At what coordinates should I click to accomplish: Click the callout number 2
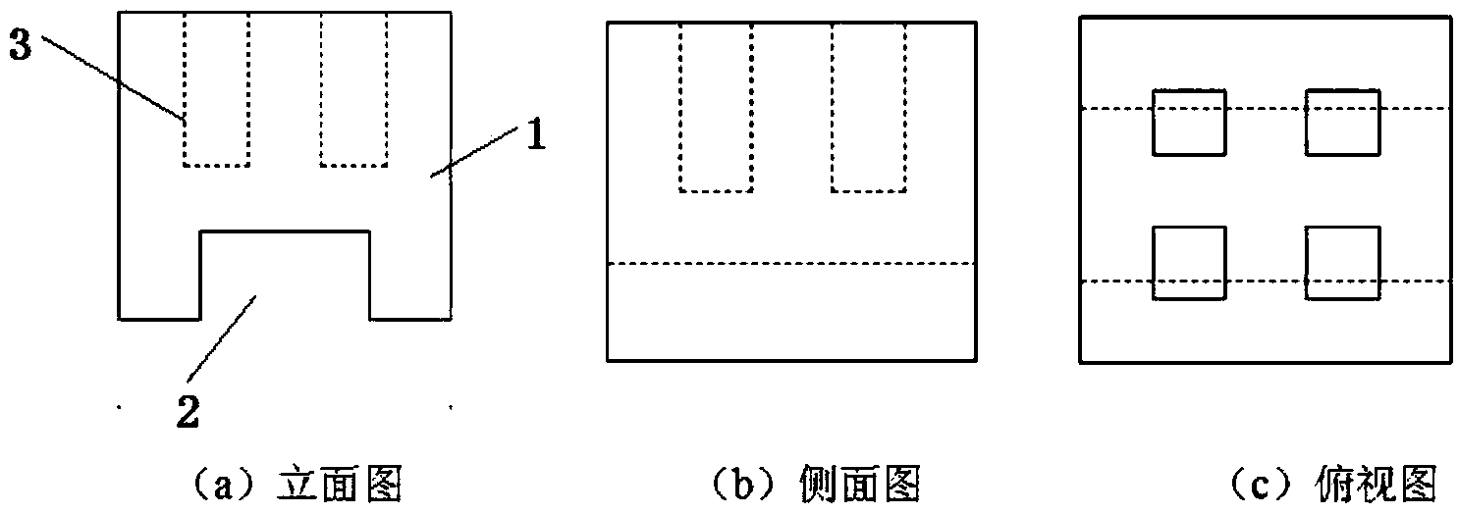(x=188, y=412)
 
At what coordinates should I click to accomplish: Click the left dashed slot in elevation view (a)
(x=216, y=88)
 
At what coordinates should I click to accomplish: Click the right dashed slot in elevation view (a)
(x=353, y=88)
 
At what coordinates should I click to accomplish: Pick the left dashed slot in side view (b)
(x=716, y=106)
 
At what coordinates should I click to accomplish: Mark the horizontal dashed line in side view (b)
(x=790, y=263)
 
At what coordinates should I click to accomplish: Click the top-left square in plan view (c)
(x=1189, y=122)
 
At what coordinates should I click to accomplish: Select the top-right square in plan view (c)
(x=1342, y=122)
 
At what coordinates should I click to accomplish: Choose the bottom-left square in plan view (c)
(x=1189, y=262)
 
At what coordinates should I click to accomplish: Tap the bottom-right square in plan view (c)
(x=1342, y=262)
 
